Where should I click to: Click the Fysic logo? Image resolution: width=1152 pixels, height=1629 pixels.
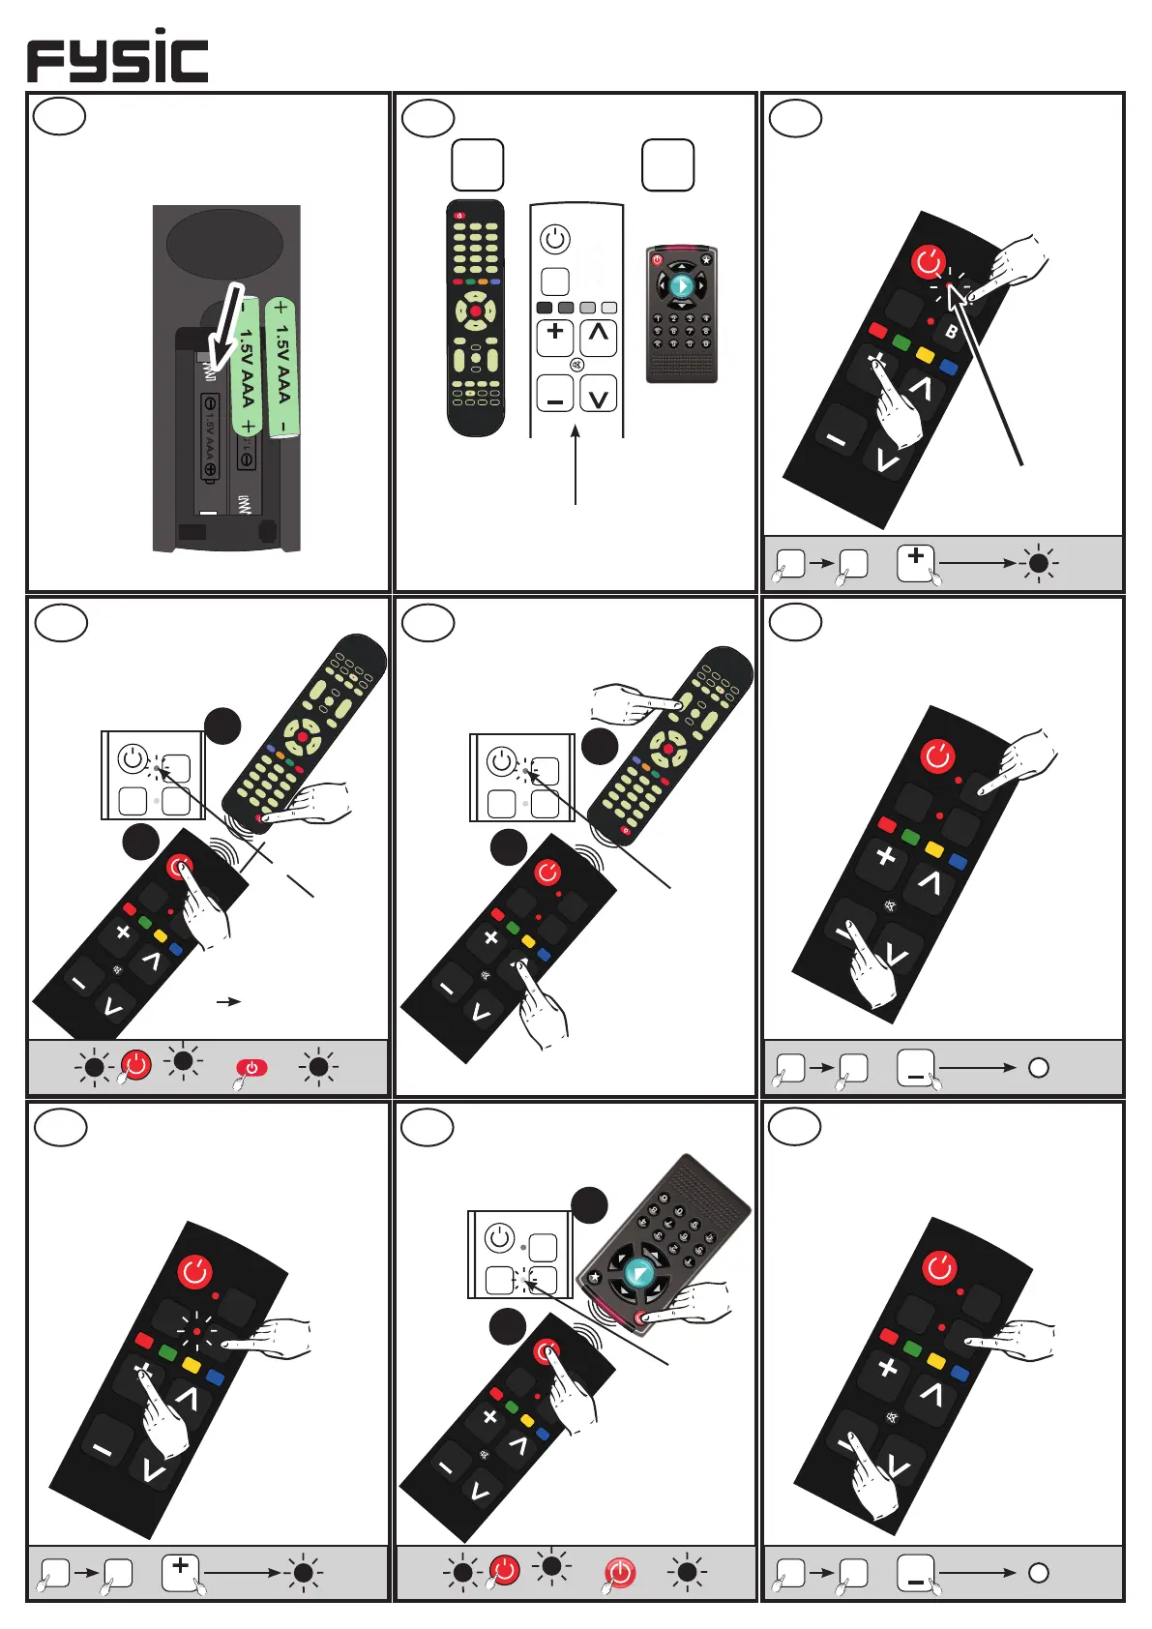(117, 57)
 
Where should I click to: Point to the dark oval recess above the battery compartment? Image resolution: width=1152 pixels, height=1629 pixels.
(224, 244)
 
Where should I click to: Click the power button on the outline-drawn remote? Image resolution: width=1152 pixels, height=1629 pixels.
(555, 239)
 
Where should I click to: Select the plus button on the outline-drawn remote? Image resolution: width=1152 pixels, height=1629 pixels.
(555, 335)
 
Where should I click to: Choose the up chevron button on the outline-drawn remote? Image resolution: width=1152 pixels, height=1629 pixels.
(599, 335)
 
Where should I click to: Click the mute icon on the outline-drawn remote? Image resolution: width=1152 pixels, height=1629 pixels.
(576, 366)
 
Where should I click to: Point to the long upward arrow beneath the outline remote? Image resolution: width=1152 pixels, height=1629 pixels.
(576, 464)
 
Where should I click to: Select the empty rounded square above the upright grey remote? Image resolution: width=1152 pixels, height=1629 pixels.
(667, 165)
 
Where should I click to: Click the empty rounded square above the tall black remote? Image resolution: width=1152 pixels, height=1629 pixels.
(478, 165)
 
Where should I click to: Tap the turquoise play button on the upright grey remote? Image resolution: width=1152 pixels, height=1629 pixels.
(681, 285)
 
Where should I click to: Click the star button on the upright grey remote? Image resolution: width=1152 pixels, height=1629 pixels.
(706, 259)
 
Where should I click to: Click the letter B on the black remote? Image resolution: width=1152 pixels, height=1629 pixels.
(951, 332)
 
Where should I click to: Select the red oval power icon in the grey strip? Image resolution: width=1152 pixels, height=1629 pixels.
(251, 1068)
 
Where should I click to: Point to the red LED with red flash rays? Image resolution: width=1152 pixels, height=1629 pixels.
(196, 1332)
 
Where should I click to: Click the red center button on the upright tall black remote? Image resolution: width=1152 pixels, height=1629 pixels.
(476, 311)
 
